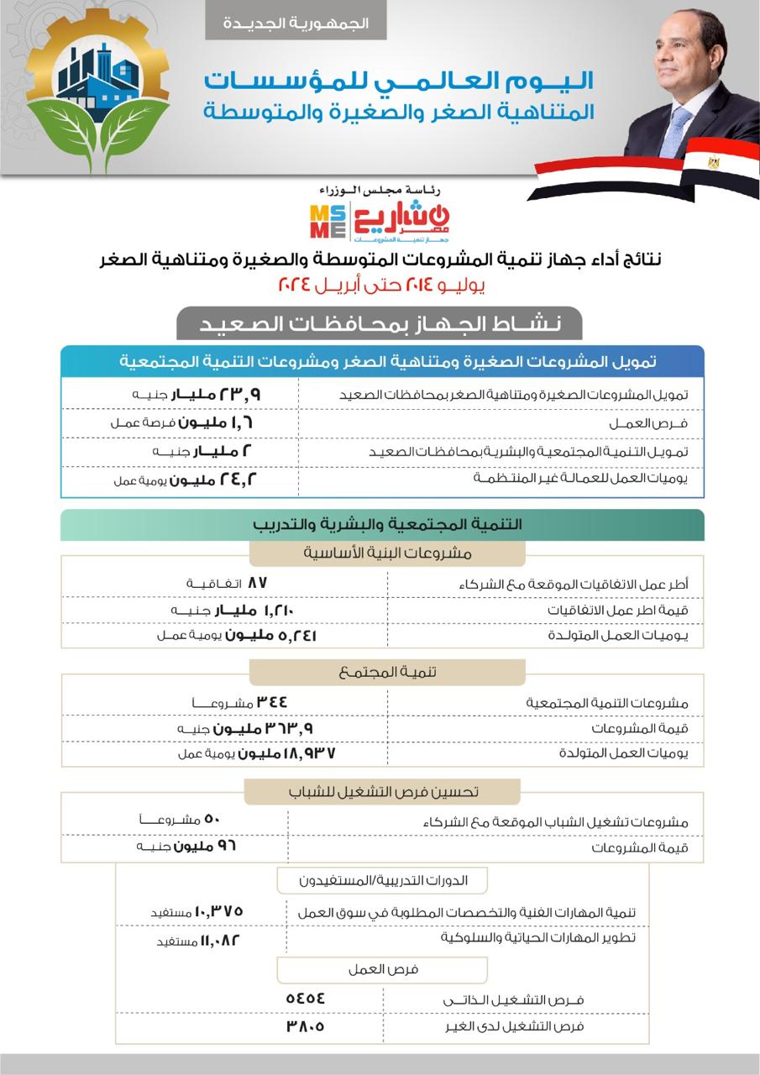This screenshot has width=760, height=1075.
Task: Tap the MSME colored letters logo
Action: pos(327,221)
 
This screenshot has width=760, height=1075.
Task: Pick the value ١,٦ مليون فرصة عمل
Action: pos(180,422)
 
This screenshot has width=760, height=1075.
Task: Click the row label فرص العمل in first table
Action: pos(663,422)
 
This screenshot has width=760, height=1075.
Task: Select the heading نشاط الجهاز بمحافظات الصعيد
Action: pos(379,322)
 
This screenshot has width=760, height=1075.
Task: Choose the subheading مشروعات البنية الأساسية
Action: pos(387,553)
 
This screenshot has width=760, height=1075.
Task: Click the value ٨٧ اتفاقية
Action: pos(226,583)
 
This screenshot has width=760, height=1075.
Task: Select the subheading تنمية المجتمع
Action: pos(387,672)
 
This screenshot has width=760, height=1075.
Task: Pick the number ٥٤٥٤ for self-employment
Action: pos(305,999)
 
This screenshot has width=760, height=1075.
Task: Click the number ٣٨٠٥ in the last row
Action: pos(305,1026)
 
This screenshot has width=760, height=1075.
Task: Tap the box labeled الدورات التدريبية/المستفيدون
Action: pos(382,880)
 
